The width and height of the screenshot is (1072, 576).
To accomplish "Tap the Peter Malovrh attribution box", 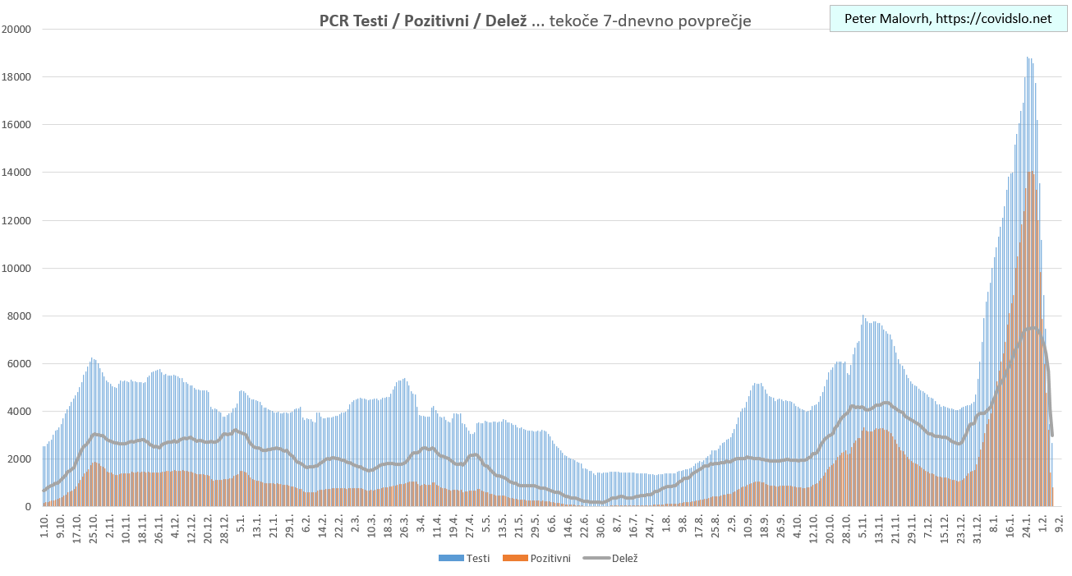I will tap(947, 19).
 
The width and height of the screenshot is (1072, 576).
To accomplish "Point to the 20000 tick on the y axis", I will tap(16, 30).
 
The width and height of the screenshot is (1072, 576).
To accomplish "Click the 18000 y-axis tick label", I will tap(16, 77).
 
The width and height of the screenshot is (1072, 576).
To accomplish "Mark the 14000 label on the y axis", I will tap(16, 173).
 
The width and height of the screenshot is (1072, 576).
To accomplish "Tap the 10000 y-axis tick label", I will tap(16, 268).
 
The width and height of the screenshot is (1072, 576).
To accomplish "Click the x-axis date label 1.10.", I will tap(44, 523).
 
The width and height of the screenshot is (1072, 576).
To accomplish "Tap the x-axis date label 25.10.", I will tap(93, 525).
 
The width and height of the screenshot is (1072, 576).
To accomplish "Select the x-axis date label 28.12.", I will tap(224, 525).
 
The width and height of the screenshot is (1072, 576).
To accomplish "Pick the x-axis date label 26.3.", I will tap(405, 523).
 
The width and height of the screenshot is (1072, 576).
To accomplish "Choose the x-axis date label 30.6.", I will tap(601, 523).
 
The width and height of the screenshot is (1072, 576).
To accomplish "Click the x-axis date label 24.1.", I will tap(1027, 523).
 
